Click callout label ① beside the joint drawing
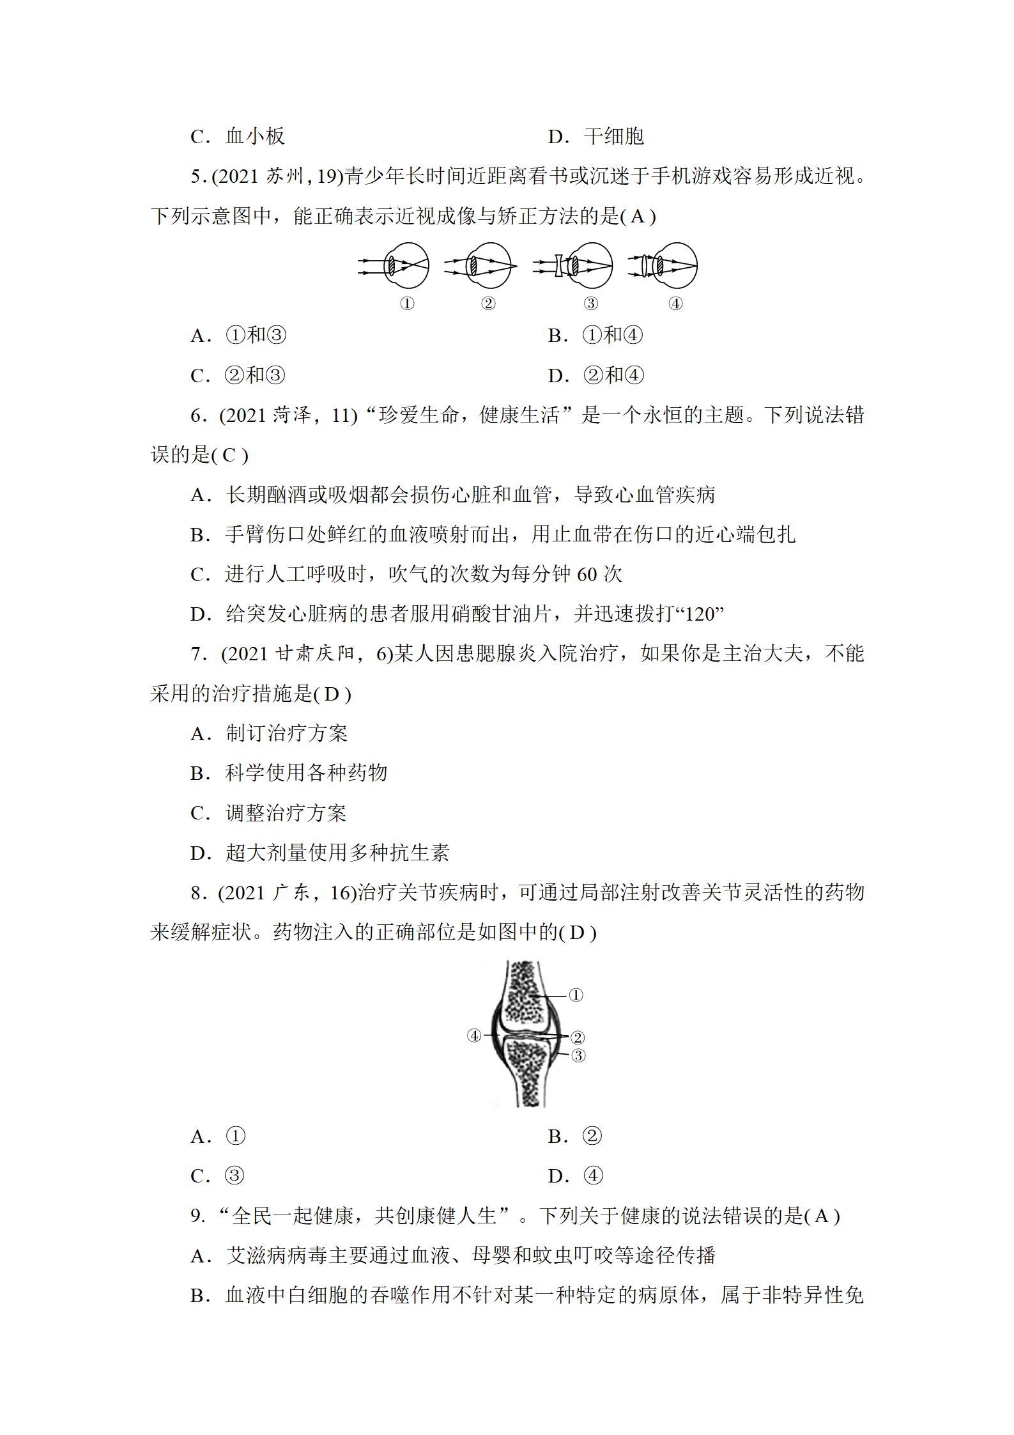tap(576, 995)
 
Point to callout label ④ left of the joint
tap(474, 1035)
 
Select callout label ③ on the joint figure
tap(578, 1055)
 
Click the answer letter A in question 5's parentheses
tap(638, 217)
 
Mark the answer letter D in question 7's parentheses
tap(331, 694)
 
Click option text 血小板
tap(255, 136)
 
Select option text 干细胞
tap(613, 136)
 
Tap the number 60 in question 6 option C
tap(587, 575)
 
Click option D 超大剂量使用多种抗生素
tap(337, 853)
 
